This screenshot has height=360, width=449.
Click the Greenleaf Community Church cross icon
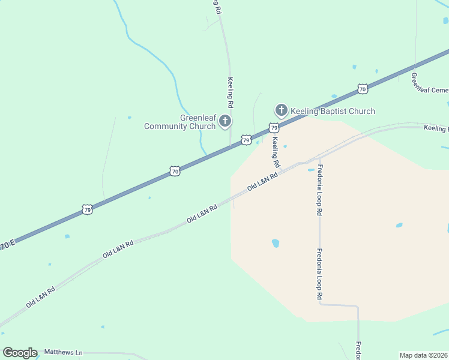point(225,121)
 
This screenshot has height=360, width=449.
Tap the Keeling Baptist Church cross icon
point(281,110)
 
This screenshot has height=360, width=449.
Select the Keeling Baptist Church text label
point(333,111)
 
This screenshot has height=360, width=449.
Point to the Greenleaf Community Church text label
point(180,122)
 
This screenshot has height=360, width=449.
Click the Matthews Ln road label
point(64,352)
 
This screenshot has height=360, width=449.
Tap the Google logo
point(20,353)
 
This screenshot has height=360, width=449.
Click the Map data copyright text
point(424,355)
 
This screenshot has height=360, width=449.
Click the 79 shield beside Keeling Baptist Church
point(274,128)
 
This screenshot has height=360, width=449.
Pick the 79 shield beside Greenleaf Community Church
point(246,140)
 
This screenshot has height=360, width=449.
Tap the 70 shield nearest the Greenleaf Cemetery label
point(362,89)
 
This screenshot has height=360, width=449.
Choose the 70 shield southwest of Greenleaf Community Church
point(174,171)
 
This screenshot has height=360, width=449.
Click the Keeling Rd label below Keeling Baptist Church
point(276,152)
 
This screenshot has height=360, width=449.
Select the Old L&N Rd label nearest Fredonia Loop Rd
point(262,182)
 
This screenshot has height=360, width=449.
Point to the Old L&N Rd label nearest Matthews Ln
point(41,297)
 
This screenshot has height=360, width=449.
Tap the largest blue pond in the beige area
point(276,243)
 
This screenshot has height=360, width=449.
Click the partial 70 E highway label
point(7,246)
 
